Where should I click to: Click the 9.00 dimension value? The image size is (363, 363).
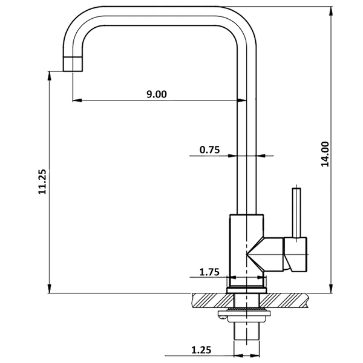click(x=156, y=93)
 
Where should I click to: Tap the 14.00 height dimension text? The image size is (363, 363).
click(x=325, y=154)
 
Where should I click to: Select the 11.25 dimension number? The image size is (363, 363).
click(x=42, y=181)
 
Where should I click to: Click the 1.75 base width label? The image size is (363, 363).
click(x=209, y=272)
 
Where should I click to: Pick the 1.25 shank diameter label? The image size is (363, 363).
click(x=202, y=349)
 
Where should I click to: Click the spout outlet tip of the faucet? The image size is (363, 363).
click(x=72, y=64)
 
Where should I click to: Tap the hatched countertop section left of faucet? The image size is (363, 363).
click(x=209, y=299)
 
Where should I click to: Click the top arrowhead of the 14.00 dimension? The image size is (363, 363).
click(x=332, y=10)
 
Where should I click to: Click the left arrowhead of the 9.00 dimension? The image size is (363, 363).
click(x=75, y=100)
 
